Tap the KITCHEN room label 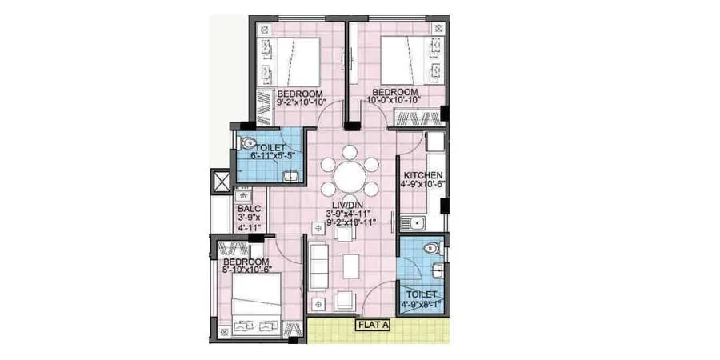click(x=423, y=175)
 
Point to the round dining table click(x=349, y=175)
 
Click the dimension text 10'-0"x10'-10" click(x=393, y=102)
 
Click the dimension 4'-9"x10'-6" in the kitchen click(x=423, y=184)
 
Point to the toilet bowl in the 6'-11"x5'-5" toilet click(x=245, y=144)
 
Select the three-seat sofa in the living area click(x=318, y=266)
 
